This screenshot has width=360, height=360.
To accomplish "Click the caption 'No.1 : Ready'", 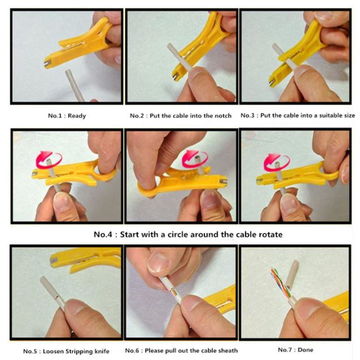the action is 67,116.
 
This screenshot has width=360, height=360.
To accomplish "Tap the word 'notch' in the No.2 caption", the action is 223,116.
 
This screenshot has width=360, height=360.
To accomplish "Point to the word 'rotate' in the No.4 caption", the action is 270,235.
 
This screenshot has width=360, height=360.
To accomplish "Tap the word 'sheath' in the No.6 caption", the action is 227,350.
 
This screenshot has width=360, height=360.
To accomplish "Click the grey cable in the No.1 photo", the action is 75,85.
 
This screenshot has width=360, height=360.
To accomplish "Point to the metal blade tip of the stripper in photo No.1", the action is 48,64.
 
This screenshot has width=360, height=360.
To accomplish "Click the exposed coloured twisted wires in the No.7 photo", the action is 279,284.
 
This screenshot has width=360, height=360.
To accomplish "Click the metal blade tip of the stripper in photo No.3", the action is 272,82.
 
